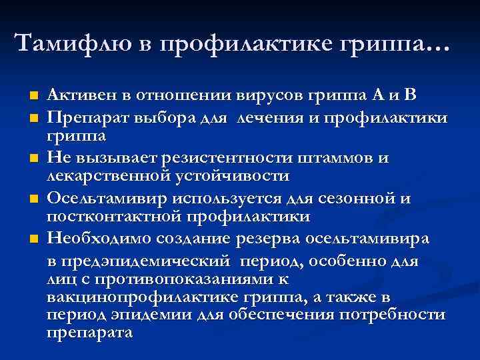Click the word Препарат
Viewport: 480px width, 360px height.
tap(87, 119)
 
